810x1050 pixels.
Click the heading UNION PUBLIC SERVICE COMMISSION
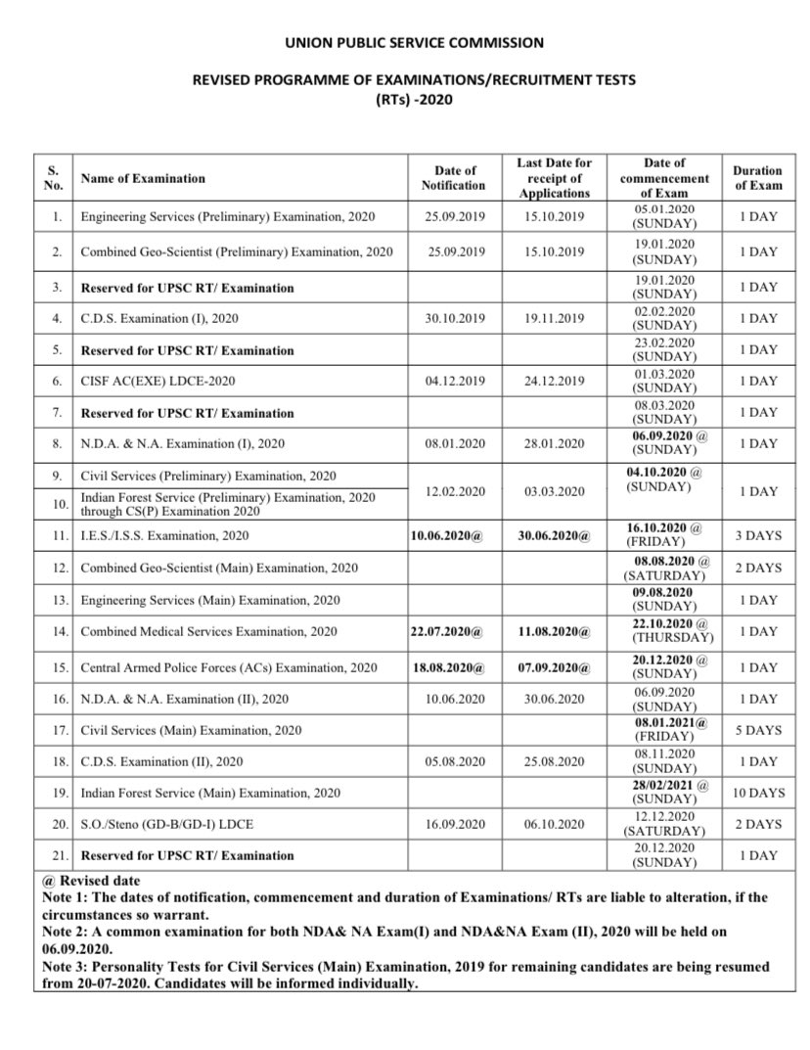(x=414, y=43)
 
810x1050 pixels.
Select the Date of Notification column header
(x=453, y=178)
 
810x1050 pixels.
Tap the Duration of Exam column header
(x=758, y=178)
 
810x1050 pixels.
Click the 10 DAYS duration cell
(x=758, y=793)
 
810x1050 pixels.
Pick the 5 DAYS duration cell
(x=758, y=730)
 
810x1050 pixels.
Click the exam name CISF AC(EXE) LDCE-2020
(x=157, y=382)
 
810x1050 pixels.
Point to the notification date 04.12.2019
(x=455, y=382)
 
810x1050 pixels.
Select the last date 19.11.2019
(x=554, y=319)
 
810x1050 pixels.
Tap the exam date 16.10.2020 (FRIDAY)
(x=664, y=534)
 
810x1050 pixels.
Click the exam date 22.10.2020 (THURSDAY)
(x=664, y=631)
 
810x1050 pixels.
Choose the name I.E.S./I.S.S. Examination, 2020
(x=164, y=535)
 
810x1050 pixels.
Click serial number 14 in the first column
(x=55, y=632)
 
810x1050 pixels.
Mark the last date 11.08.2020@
(x=554, y=632)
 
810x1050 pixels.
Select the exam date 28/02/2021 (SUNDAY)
(x=664, y=793)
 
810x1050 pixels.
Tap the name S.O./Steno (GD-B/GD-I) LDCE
(x=166, y=824)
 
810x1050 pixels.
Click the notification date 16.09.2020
(x=455, y=824)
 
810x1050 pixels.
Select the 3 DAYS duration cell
(x=758, y=535)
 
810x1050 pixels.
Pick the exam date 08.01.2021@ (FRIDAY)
(x=664, y=729)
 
